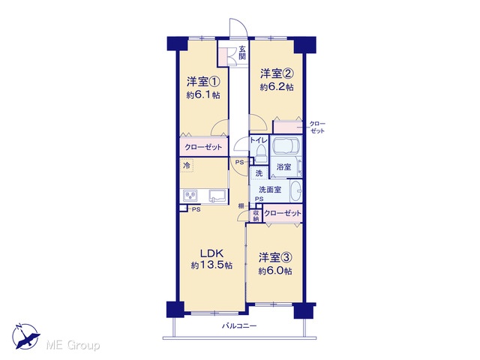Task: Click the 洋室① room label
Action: [203, 82]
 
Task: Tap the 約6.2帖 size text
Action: [277, 87]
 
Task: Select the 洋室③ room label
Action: [275, 257]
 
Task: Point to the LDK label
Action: [211, 253]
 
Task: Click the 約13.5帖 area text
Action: [211, 265]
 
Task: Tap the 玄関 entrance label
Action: [242, 52]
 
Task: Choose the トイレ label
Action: [259, 140]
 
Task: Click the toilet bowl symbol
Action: [261, 153]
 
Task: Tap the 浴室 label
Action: [283, 166]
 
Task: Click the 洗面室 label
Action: [270, 190]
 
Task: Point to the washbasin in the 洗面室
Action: [295, 190]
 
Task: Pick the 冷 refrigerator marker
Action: [187, 166]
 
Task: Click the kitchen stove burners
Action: [190, 195]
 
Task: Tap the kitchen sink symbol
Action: [218, 196]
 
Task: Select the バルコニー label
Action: [239, 326]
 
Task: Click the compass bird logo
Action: [25, 337]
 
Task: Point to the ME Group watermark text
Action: [73, 345]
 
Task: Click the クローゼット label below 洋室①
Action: [203, 147]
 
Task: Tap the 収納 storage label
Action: [256, 215]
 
